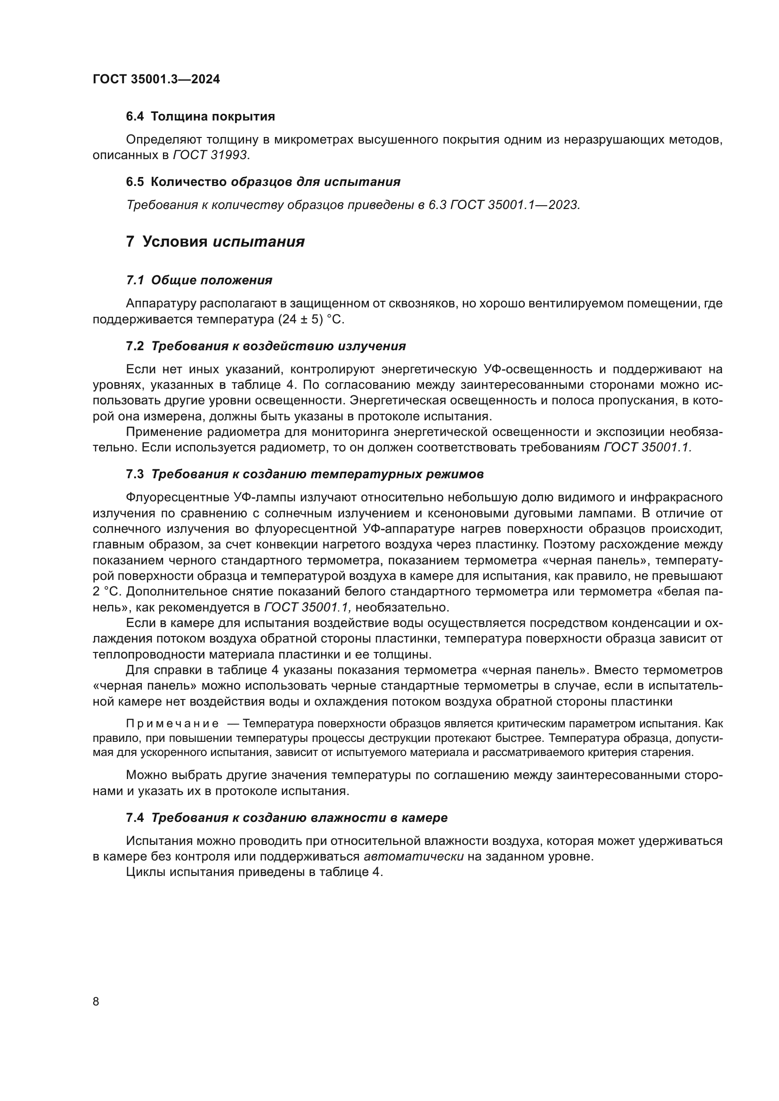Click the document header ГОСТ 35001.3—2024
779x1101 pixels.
(156, 80)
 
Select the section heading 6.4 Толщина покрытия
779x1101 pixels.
(201, 117)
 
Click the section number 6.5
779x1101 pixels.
(135, 182)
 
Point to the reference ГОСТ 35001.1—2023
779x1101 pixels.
(515, 205)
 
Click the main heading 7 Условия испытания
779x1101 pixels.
(215, 241)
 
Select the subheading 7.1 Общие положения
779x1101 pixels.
(199, 280)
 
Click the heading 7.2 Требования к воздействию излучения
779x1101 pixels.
(266, 346)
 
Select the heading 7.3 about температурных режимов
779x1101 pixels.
(305, 474)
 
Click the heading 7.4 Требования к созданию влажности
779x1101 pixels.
(286, 818)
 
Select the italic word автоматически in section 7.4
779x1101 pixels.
(414, 857)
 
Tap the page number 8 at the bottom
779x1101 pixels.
(96, 1002)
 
